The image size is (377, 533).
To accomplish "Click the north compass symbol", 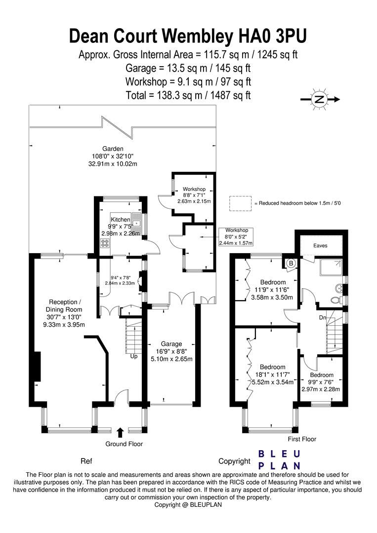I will pyautogui.click(x=319, y=100).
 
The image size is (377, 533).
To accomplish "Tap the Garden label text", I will pyautogui.click(x=112, y=149).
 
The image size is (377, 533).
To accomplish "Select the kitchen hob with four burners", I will pyautogui.click(x=106, y=242).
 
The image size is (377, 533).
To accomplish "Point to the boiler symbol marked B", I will pyautogui.click(x=291, y=264).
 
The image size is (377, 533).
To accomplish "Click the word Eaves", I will pyautogui.click(x=320, y=245).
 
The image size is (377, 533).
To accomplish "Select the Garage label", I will pyautogui.click(x=171, y=344).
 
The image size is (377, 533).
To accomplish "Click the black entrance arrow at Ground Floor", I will pyautogui.click(x=120, y=433).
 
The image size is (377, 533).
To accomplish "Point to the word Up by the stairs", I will pyautogui.click(x=134, y=356).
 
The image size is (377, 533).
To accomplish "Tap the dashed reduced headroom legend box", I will pyautogui.click(x=240, y=203).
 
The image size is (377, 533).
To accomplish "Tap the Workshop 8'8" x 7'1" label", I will pyautogui.click(x=194, y=195).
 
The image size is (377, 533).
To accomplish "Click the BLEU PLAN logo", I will pyautogui.click(x=280, y=459).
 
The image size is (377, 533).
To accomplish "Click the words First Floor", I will pyautogui.click(x=301, y=439).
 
